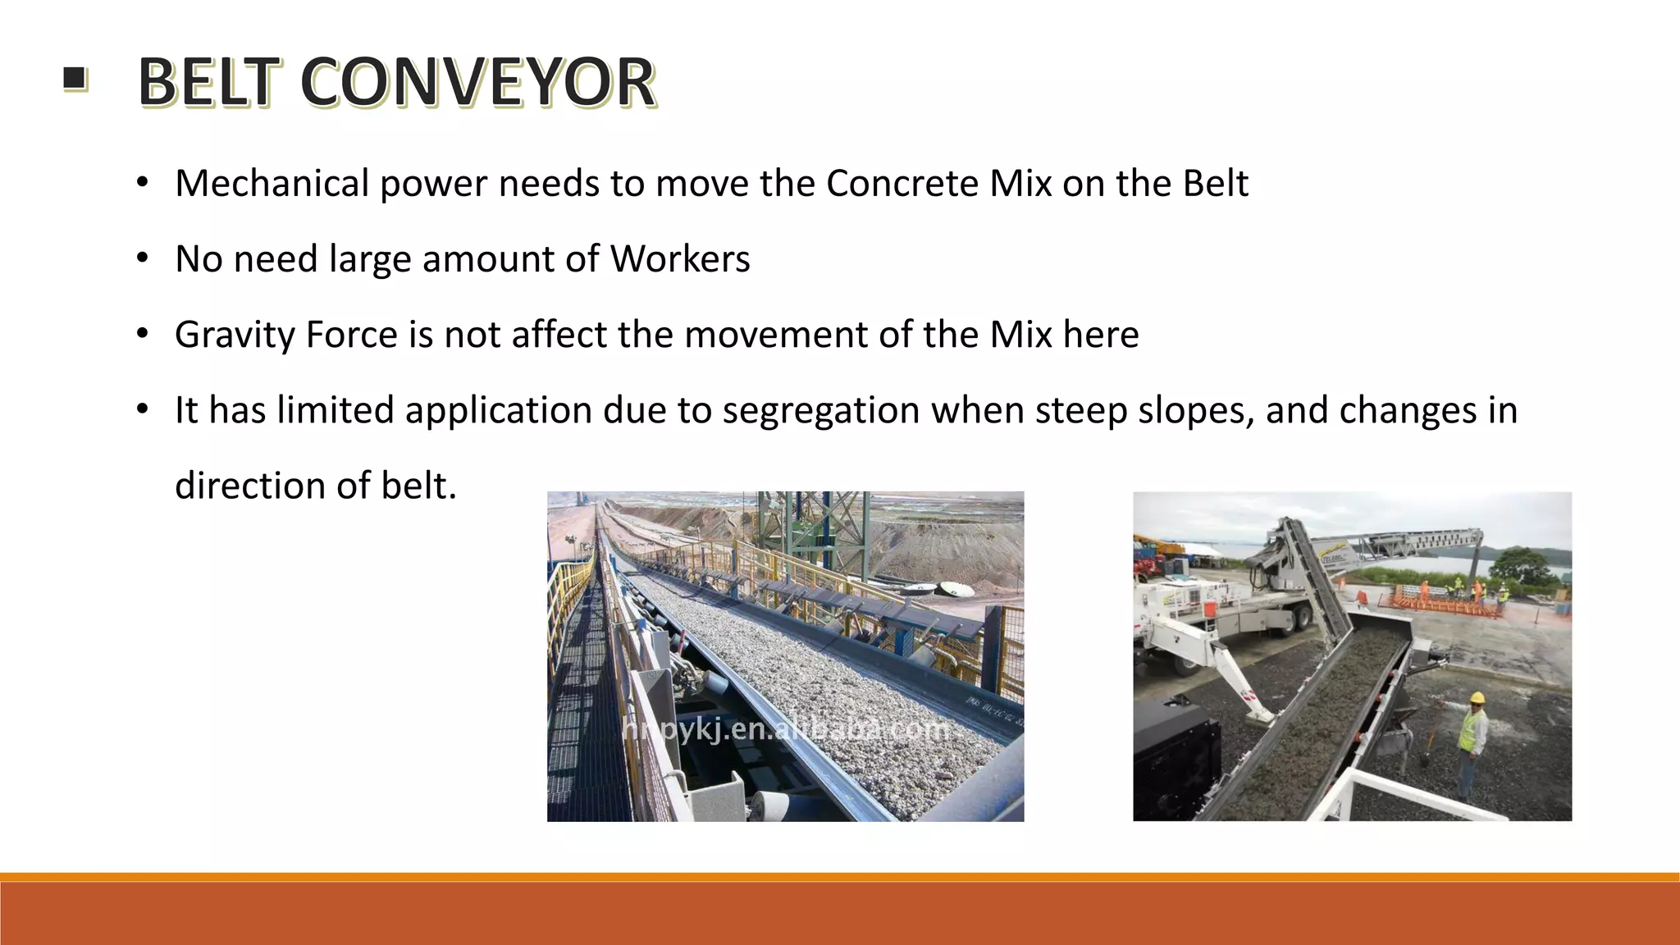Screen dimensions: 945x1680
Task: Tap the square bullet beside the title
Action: [75, 79]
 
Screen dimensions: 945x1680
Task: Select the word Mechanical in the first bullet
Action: [272, 183]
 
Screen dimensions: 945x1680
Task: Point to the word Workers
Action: [680, 259]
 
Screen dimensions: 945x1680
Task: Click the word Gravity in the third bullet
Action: [234, 335]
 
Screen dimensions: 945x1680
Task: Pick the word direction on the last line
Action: [251, 486]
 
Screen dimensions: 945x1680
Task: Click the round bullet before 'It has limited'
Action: [143, 409]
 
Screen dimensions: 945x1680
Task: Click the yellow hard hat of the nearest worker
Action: [1477, 697]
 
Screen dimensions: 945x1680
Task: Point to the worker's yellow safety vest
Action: [1471, 731]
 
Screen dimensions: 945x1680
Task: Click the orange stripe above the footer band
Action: [840, 877]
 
